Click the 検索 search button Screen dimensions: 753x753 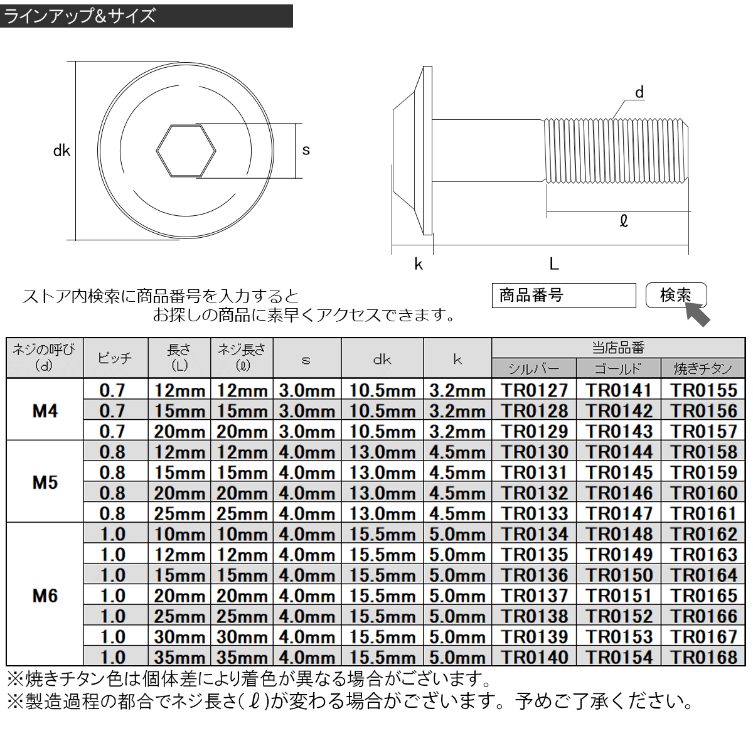tap(675, 296)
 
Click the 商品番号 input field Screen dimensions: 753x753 tap(563, 296)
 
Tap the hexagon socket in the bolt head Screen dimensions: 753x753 tap(186, 151)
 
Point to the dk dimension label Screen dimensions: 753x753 tap(61, 151)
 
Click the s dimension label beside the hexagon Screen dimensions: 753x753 tap(306, 151)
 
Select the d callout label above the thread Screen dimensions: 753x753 tap(639, 93)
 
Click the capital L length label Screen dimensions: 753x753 tap(553, 264)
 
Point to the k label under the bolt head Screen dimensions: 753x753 tap(419, 264)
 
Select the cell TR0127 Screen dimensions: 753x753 tap(534, 390)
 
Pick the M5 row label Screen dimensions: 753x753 tap(45, 482)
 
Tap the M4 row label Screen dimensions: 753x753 tap(45, 410)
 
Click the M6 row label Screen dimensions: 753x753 tap(45, 595)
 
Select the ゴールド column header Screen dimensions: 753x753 tap(618, 368)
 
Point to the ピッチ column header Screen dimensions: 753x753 tap(115, 358)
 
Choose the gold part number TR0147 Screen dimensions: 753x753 tap(618, 513)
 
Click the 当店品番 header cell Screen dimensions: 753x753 tap(618, 348)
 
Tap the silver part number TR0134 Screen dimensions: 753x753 tap(534, 534)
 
